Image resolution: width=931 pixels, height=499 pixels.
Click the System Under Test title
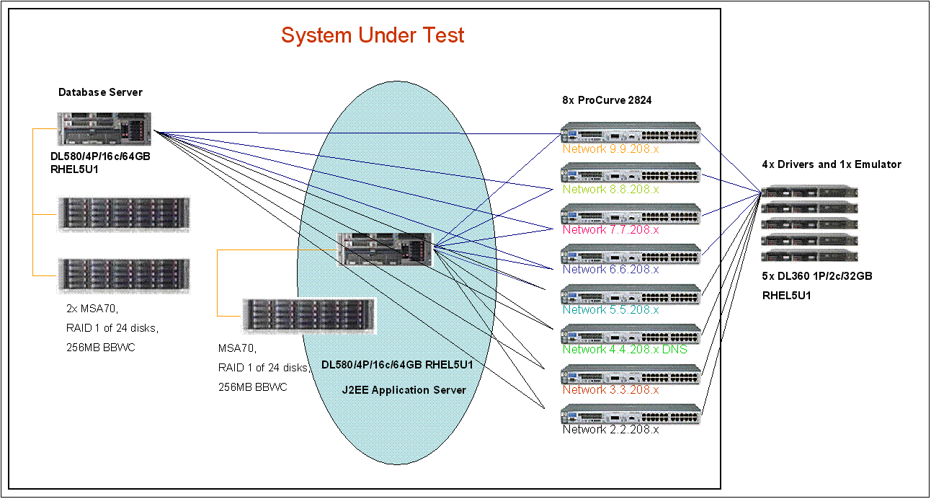click(x=373, y=35)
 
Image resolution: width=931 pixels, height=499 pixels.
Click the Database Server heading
click(x=100, y=92)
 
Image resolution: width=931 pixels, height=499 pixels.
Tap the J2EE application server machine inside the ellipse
click(x=385, y=249)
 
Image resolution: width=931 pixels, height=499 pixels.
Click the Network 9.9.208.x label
click(x=610, y=149)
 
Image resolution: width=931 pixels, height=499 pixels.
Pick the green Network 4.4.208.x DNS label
click(x=625, y=349)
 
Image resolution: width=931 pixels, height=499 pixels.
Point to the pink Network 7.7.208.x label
click(x=610, y=229)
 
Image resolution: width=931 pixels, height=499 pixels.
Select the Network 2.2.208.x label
click(x=610, y=430)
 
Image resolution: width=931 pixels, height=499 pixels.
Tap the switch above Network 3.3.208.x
click(x=631, y=375)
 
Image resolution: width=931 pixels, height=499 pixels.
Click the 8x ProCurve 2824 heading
click(x=607, y=100)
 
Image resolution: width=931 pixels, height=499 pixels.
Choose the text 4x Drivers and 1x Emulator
click(x=832, y=164)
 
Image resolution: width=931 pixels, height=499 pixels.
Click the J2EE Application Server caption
click(x=404, y=390)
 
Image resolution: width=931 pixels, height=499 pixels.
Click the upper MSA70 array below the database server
click(x=123, y=213)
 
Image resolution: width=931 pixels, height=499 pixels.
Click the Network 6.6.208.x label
click(x=610, y=269)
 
